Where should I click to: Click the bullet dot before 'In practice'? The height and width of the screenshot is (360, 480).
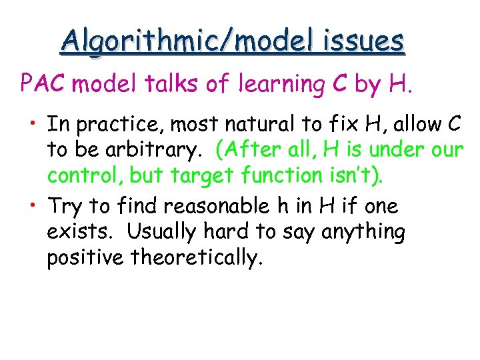pyautogui.click(x=32, y=125)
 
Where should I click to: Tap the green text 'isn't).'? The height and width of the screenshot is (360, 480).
pyautogui.click(x=359, y=175)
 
